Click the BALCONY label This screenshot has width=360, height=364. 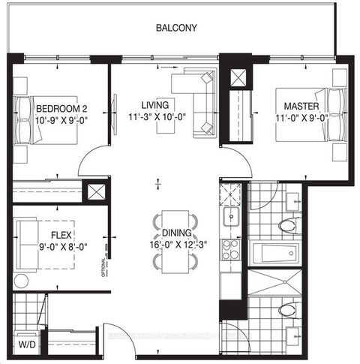coord(176,29)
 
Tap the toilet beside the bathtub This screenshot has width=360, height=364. coord(287,224)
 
